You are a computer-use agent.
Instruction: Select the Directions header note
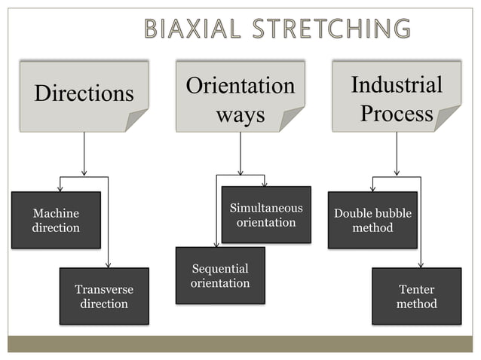[x=84, y=95]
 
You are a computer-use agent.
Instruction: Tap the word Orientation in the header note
[x=240, y=85]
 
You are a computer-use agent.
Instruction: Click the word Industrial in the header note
[x=397, y=84]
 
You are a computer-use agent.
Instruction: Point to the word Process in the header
[x=397, y=114]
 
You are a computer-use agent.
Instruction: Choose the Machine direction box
[x=56, y=220]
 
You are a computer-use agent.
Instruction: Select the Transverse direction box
[x=104, y=296]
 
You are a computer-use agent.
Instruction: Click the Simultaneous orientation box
[x=265, y=215]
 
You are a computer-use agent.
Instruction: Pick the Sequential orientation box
[x=220, y=276]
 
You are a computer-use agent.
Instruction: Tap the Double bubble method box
[x=372, y=220]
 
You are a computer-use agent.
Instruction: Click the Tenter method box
[x=416, y=296]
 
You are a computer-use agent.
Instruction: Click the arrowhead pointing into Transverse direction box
[x=109, y=264]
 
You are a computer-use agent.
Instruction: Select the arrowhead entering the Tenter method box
[x=420, y=264]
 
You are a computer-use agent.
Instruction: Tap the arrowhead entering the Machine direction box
[x=60, y=188]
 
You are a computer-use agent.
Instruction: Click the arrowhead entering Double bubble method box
[x=372, y=188]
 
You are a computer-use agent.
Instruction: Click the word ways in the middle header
[x=240, y=114]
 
